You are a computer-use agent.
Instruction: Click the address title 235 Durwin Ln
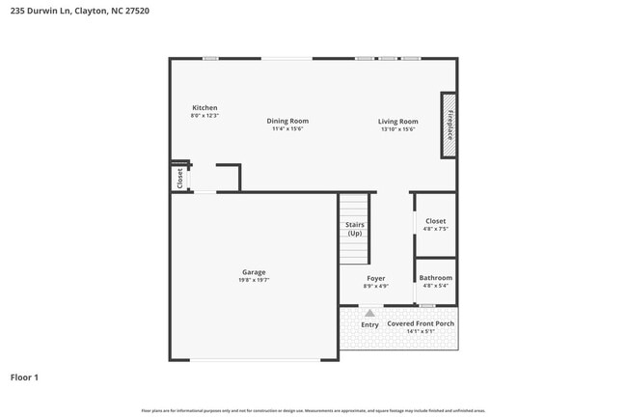click(x=67, y=11)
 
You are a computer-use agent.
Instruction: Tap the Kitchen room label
click(x=204, y=107)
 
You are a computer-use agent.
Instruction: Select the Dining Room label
click(x=287, y=121)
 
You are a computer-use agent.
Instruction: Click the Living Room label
click(x=397, y=121)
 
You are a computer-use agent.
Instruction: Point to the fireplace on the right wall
click(x=449, y=125)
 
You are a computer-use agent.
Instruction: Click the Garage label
click(x=254, y=272)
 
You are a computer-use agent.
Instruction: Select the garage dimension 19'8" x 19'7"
click(x=254, y=280)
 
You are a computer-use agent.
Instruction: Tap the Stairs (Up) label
click(x=355, y=229)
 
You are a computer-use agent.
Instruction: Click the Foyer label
click(x=375, y=278)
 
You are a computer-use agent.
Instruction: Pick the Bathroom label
click(x=435, y=278)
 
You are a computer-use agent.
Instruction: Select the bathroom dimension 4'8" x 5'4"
click(x=435, y=286)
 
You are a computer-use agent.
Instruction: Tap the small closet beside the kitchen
click(x=179, y=179)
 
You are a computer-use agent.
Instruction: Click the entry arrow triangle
click(x=369, y=313)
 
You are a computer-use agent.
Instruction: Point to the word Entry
click(x=369, y=324)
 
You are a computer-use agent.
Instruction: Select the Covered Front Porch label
click(x=421, y=323)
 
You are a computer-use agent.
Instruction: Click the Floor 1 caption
click(x=24, y=377)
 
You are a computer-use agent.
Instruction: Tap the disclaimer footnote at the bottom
click(x=313, y=410)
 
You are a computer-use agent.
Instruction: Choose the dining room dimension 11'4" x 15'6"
click(x=287, y=129)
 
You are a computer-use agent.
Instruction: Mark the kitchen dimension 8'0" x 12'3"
click(x=204, y=116)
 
